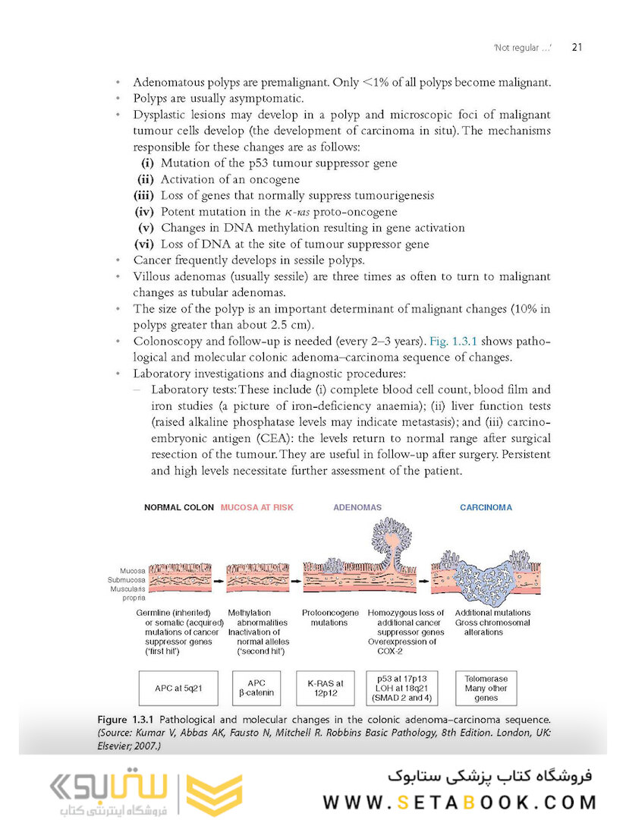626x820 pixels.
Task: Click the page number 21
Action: pyautogui.click(x=576, y=48)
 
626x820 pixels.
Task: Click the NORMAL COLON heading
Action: pyautogui.click(x=178, y=507)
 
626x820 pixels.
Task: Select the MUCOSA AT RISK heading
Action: pyautogui.click(x=256, y=507)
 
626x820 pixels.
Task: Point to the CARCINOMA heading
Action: pyautogui.click(x=486, y=507)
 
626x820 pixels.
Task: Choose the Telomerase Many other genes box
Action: pyautogui.click(x=486, y=689)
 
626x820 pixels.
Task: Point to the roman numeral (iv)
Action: pyautogui.click(x=145, y=212)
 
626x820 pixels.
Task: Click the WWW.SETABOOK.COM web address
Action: pyautogui.click(x=459, y=802)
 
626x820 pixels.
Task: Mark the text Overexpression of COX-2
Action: pyautogui.click(x=402, y=647)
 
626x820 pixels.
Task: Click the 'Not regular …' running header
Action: pyautogui.click(x=521, y=49)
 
